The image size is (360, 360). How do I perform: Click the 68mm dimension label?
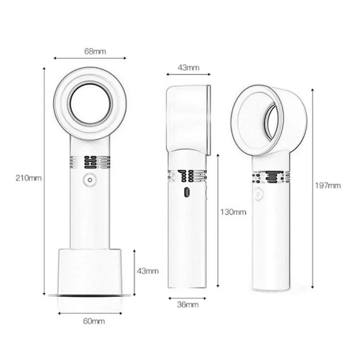tap(95, 51)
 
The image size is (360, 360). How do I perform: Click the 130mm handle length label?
tap(234, 212)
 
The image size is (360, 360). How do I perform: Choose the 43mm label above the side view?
tap(188, 67)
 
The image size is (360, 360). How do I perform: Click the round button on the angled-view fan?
tap(258, 193)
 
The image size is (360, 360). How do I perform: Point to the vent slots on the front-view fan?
tap(90, 162)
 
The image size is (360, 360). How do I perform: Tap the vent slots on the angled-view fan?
tap(271, 177)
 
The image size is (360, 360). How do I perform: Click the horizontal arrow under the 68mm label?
tap(90, 58)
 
